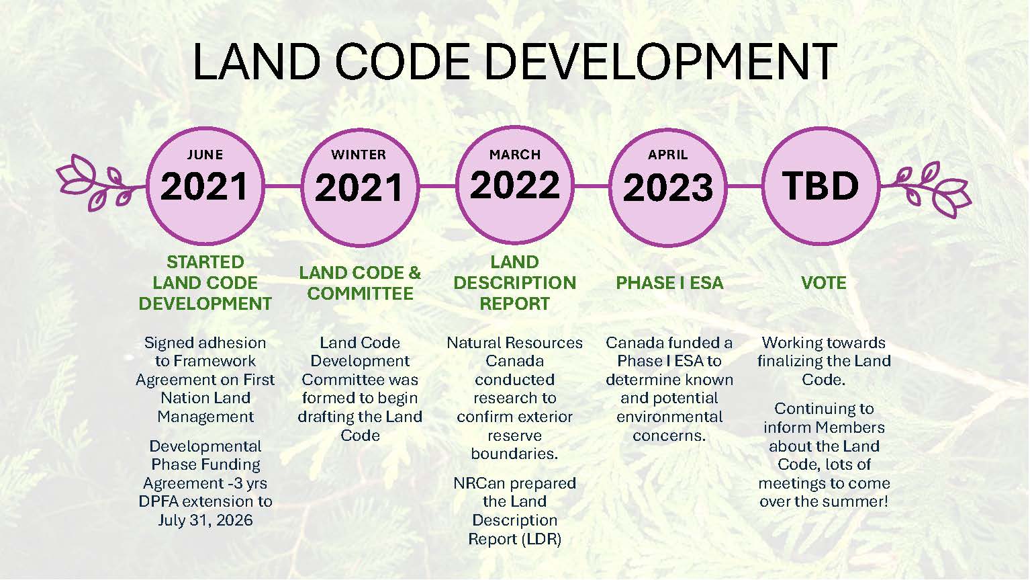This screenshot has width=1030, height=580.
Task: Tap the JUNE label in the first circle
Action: click(205, 155)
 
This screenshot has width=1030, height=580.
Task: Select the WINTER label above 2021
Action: click(359, 155)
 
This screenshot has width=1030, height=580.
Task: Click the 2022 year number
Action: click(514, 185)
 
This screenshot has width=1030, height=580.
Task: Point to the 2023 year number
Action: click(668, 188)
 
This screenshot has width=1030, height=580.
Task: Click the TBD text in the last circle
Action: click(821, 186)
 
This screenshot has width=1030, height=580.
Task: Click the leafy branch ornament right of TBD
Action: click(926, 189)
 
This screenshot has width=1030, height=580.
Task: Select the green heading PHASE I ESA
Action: click(669, 283)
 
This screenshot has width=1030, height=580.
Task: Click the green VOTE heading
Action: click(824, 283)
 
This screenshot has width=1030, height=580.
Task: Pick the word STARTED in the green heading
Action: click(205, 262)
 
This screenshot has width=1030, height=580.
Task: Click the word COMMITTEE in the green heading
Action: click(360, 294)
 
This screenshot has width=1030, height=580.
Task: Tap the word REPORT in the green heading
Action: click(514, 304)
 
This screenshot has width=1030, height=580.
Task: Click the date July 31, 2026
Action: click(205, 520)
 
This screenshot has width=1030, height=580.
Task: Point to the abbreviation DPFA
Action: click(160, 501)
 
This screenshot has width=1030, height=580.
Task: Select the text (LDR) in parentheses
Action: click(543, 539)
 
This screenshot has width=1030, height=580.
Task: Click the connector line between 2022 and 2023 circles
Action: click(592, 186)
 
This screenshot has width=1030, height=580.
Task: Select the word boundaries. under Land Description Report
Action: click(514, 454)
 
